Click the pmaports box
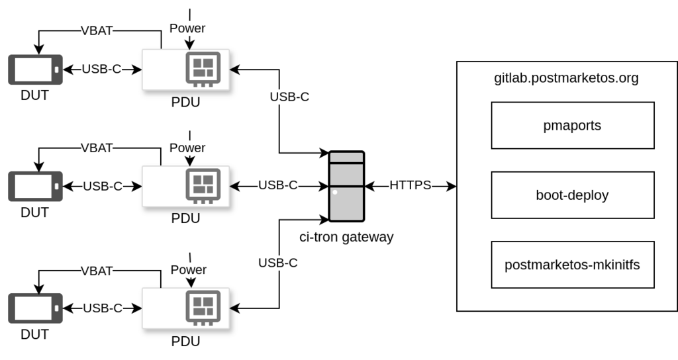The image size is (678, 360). pos(572,125)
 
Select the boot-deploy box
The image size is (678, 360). pos(572,195)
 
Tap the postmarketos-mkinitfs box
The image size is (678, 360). pos(572,265)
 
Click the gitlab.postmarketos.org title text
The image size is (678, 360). pos(566,78)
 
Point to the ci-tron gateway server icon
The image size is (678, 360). pos(346,186)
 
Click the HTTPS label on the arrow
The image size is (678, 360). pos(410,185)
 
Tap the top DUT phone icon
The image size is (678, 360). pos(35,69)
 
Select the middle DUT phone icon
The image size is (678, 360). pos(35,186)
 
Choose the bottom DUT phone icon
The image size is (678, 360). pos(35,308)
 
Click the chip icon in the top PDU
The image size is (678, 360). pos(203,69)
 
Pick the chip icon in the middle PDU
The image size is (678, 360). pos(203,185)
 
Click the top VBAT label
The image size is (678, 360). pos(97,30)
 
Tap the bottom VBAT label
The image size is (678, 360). pos(97,271)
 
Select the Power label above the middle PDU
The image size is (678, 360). pos(187,148)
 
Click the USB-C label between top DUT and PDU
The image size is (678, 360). pos(101,69)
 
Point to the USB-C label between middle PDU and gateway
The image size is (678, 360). pos(277,185)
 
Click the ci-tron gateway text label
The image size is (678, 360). pos(346,237)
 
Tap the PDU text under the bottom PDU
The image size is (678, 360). pos(185,342)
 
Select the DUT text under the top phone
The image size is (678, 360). pos(34,95)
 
